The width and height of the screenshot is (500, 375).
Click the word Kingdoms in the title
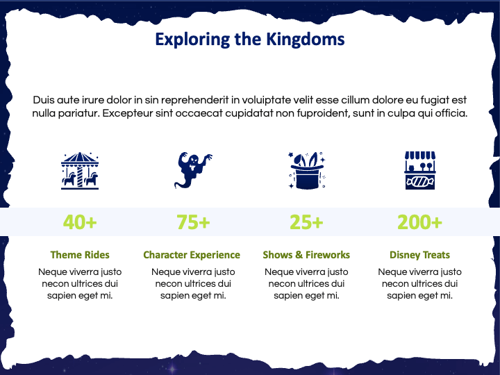(305, 40)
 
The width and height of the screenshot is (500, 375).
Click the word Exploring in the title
(192, 40)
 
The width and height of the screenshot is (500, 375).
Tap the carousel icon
(80, 171)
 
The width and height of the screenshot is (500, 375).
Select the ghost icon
(193, 170)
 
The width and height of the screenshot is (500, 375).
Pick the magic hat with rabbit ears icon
(307, 171)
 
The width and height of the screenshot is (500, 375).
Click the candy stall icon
(420, 171)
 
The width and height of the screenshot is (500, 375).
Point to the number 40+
(80, 222)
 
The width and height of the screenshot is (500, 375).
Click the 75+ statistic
(193, 222)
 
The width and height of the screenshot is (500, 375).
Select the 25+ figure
(306, 222)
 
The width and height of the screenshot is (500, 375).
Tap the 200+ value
(419, 222)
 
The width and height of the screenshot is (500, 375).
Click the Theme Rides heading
(80, 255)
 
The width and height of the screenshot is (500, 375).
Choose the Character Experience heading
(192, 255)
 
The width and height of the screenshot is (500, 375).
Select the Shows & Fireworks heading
(306, 255)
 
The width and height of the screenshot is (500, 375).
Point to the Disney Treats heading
(419, 255)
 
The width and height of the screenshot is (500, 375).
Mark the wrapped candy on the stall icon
(420, 182)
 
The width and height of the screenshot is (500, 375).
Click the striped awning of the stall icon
(420, 156)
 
